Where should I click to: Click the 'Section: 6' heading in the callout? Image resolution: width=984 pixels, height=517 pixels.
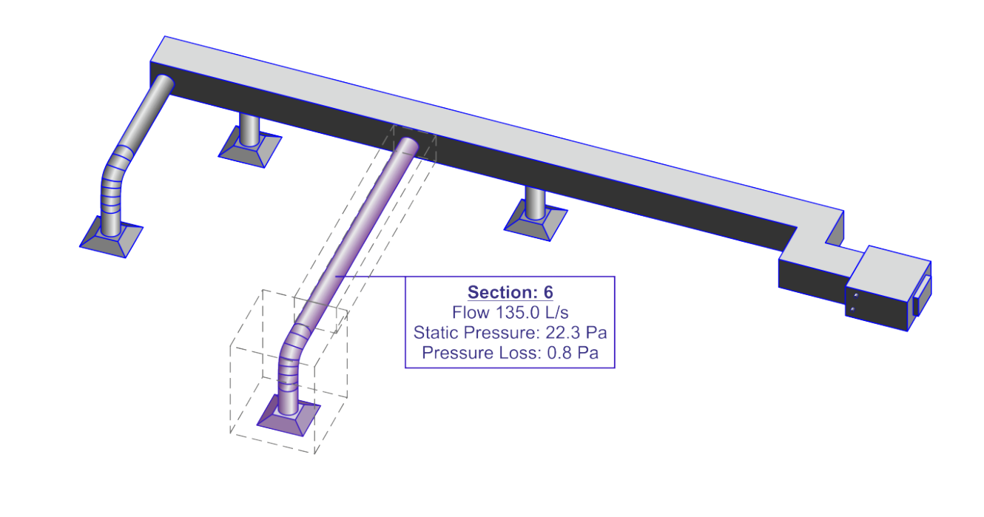pos(510,293)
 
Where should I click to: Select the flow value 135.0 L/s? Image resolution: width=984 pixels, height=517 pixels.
pos(532,313)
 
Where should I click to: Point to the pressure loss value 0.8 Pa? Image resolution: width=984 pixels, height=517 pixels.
pos(573,353)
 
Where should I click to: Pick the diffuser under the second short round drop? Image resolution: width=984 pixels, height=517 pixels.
pos(250,146)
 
